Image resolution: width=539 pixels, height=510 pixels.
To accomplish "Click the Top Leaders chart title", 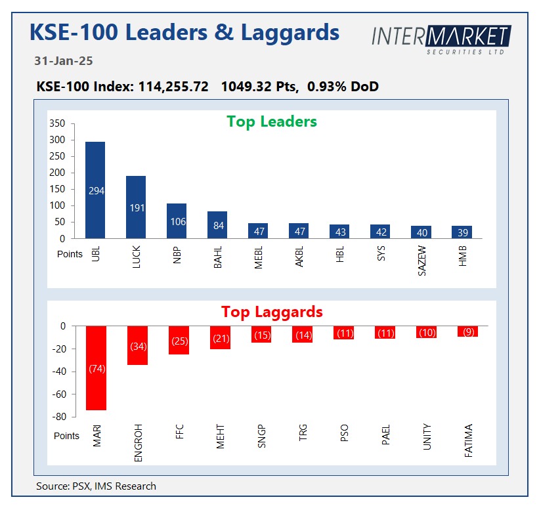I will [x=272, y=121].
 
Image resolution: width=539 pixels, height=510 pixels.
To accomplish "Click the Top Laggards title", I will [x=272, y=311].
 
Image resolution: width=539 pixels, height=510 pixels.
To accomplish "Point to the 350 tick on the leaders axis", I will [x=58, y=124].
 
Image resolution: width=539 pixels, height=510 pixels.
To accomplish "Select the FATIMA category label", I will [x=468, y=441].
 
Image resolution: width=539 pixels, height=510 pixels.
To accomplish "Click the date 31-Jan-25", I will [x=64, y=61].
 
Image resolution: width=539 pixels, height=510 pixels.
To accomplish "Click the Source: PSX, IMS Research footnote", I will [x=97, y=486].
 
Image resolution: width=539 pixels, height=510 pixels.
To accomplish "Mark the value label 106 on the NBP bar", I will [x=177, y=222].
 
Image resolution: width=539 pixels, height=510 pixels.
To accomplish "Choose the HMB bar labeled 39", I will [x=462, y=232].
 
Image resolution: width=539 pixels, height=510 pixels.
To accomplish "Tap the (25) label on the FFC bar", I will [x=178, y=341].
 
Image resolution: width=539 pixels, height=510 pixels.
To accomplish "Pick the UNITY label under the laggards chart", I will [x=427, y=438].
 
